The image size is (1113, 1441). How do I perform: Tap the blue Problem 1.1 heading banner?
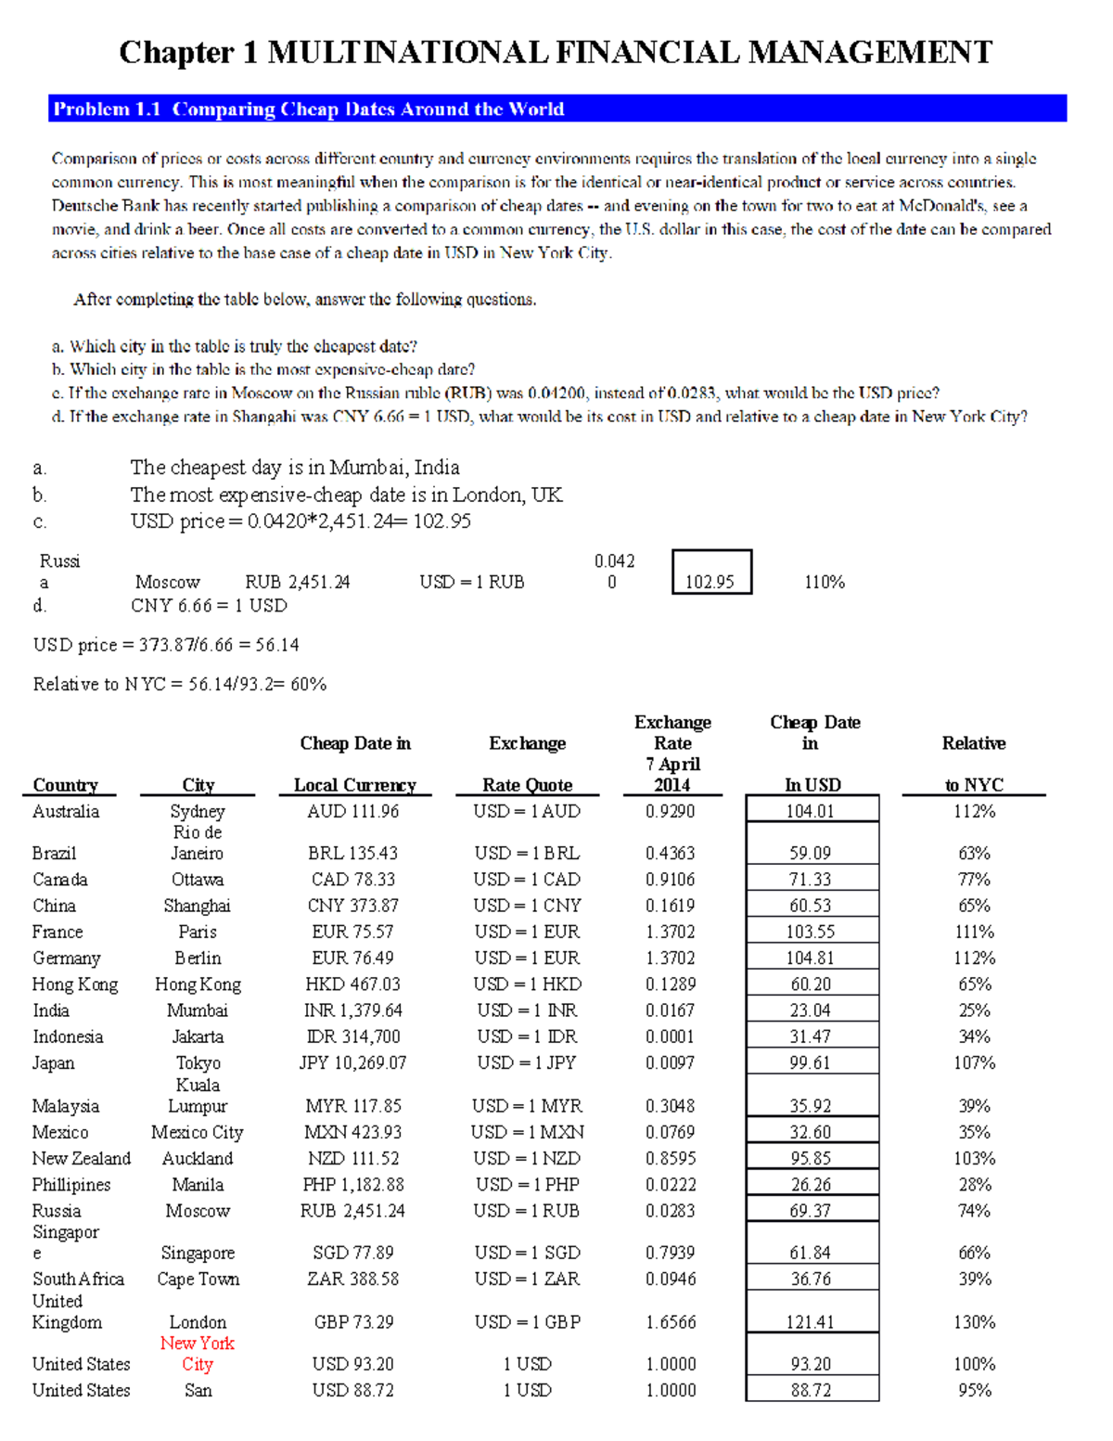[x=556, y=109]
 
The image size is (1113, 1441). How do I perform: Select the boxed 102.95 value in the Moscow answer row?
[x=710, y=582]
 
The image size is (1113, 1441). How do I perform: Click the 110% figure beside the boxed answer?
[x=824, y=582]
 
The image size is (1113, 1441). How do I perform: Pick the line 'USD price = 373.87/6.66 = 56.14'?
[x=166, y=645]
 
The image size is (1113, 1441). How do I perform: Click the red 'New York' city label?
[x=198, y=1344]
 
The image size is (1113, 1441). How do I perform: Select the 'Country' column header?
[x=65, y=785]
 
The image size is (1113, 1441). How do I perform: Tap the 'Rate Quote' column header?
[x=527, y=785]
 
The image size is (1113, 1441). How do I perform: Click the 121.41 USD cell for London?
[x=811, y=1322]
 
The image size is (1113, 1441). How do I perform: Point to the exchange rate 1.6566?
[x=671, y=1322]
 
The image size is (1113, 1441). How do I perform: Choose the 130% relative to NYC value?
[x=974, y=1322]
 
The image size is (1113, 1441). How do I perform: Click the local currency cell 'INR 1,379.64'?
[x=354, y=1010]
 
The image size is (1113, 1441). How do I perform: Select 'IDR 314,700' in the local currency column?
[x=354, y=1036]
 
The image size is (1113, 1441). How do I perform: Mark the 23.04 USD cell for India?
[x=811, y=1010]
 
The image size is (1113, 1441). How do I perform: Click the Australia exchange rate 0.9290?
[x=671, y=811]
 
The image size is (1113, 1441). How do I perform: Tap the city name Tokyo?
[x=198, y=1063]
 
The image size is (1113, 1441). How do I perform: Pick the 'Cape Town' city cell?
[x=198, y=1279]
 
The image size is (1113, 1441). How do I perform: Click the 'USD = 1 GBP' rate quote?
[x=527, y=1322]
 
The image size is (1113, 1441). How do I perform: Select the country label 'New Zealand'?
[x=82, y=1158]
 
